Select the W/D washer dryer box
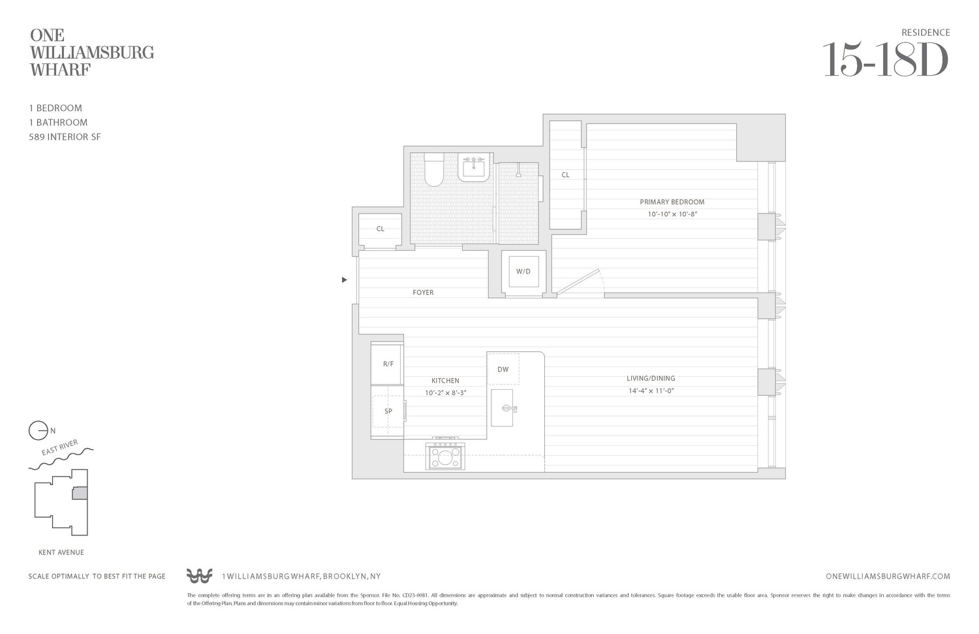coord(523,272)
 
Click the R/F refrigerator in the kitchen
coord(388,364)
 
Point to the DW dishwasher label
coord(503,370)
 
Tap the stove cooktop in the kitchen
coord(445,456)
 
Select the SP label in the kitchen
coord(388,411)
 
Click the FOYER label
coord(423,293)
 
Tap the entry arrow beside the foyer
coord(344,280)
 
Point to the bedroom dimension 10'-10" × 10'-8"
coord(672,214)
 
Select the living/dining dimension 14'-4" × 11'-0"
coord(651,391)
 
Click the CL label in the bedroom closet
coord(565,175)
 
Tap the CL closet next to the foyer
coord(380,229)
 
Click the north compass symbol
coord(39,431)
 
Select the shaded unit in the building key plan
coord(80,494)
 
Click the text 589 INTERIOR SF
coord(65,137)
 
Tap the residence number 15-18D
coord(885,60)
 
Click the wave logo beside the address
coord(199,576)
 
